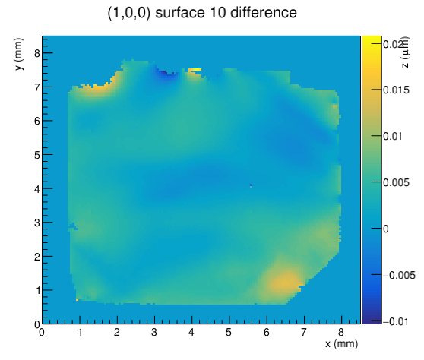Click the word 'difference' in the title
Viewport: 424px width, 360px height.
click(264, 13)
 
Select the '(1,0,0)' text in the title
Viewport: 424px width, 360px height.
click(129, 13)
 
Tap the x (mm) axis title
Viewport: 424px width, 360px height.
click(341, 344)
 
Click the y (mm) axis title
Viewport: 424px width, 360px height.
click(19, 54)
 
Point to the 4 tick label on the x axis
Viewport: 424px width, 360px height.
click(191, 332)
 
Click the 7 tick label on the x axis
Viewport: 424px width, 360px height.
click(304, 332)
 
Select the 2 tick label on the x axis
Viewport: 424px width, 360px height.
click(117, 332)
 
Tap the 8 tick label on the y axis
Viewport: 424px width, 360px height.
click(37, 53)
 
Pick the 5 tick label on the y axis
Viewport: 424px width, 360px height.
click(37, 155)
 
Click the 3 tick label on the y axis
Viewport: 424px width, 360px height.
click(37, 223)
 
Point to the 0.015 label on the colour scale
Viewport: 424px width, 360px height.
click(396, 90)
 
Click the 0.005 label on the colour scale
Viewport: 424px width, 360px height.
click(396, 183)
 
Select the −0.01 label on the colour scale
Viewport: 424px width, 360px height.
click(395, 321)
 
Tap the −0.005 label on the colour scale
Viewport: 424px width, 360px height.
click(399, 275)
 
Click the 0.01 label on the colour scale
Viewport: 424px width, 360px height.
click(393, 136)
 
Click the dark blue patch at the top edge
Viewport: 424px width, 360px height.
click(165, 72)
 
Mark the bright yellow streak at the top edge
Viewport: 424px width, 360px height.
click(195, 70)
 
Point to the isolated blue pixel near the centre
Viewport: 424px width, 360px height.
click(252, 185)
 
